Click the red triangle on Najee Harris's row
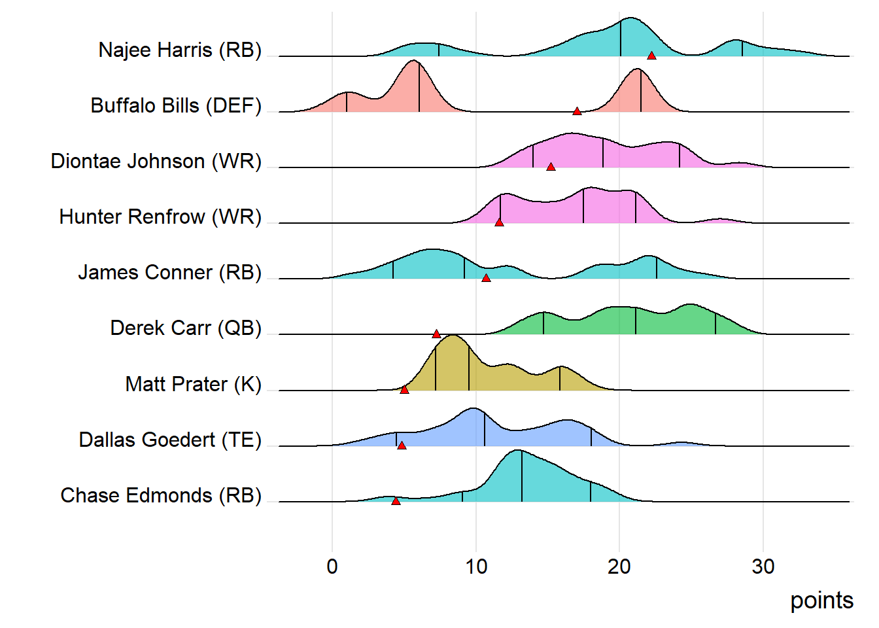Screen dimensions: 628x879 point(651,56)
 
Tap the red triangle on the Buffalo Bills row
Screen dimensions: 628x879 point(577,111)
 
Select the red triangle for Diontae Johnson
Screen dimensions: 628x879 point(551,167)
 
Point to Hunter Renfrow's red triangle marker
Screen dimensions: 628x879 point(499,222)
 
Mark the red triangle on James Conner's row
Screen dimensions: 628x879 point(486,278)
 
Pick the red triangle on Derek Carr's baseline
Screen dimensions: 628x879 point(436,334)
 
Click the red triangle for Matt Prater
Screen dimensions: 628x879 point(404,389)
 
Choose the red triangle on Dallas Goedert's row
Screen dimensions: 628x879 point(402,445)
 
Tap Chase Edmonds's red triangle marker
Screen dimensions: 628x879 point(396,500)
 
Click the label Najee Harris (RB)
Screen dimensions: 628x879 point(180,50)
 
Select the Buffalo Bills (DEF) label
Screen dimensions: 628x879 point(176,105)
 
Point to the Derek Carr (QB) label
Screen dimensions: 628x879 point(186,328)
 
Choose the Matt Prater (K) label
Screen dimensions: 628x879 point(193,384)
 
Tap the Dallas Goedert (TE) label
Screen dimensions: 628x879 point(170,440)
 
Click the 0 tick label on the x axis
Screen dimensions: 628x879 point(332,567)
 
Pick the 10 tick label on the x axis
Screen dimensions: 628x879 point(476,567)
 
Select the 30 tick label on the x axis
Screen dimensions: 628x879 point(763,567)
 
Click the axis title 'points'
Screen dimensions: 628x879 point(821,601)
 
